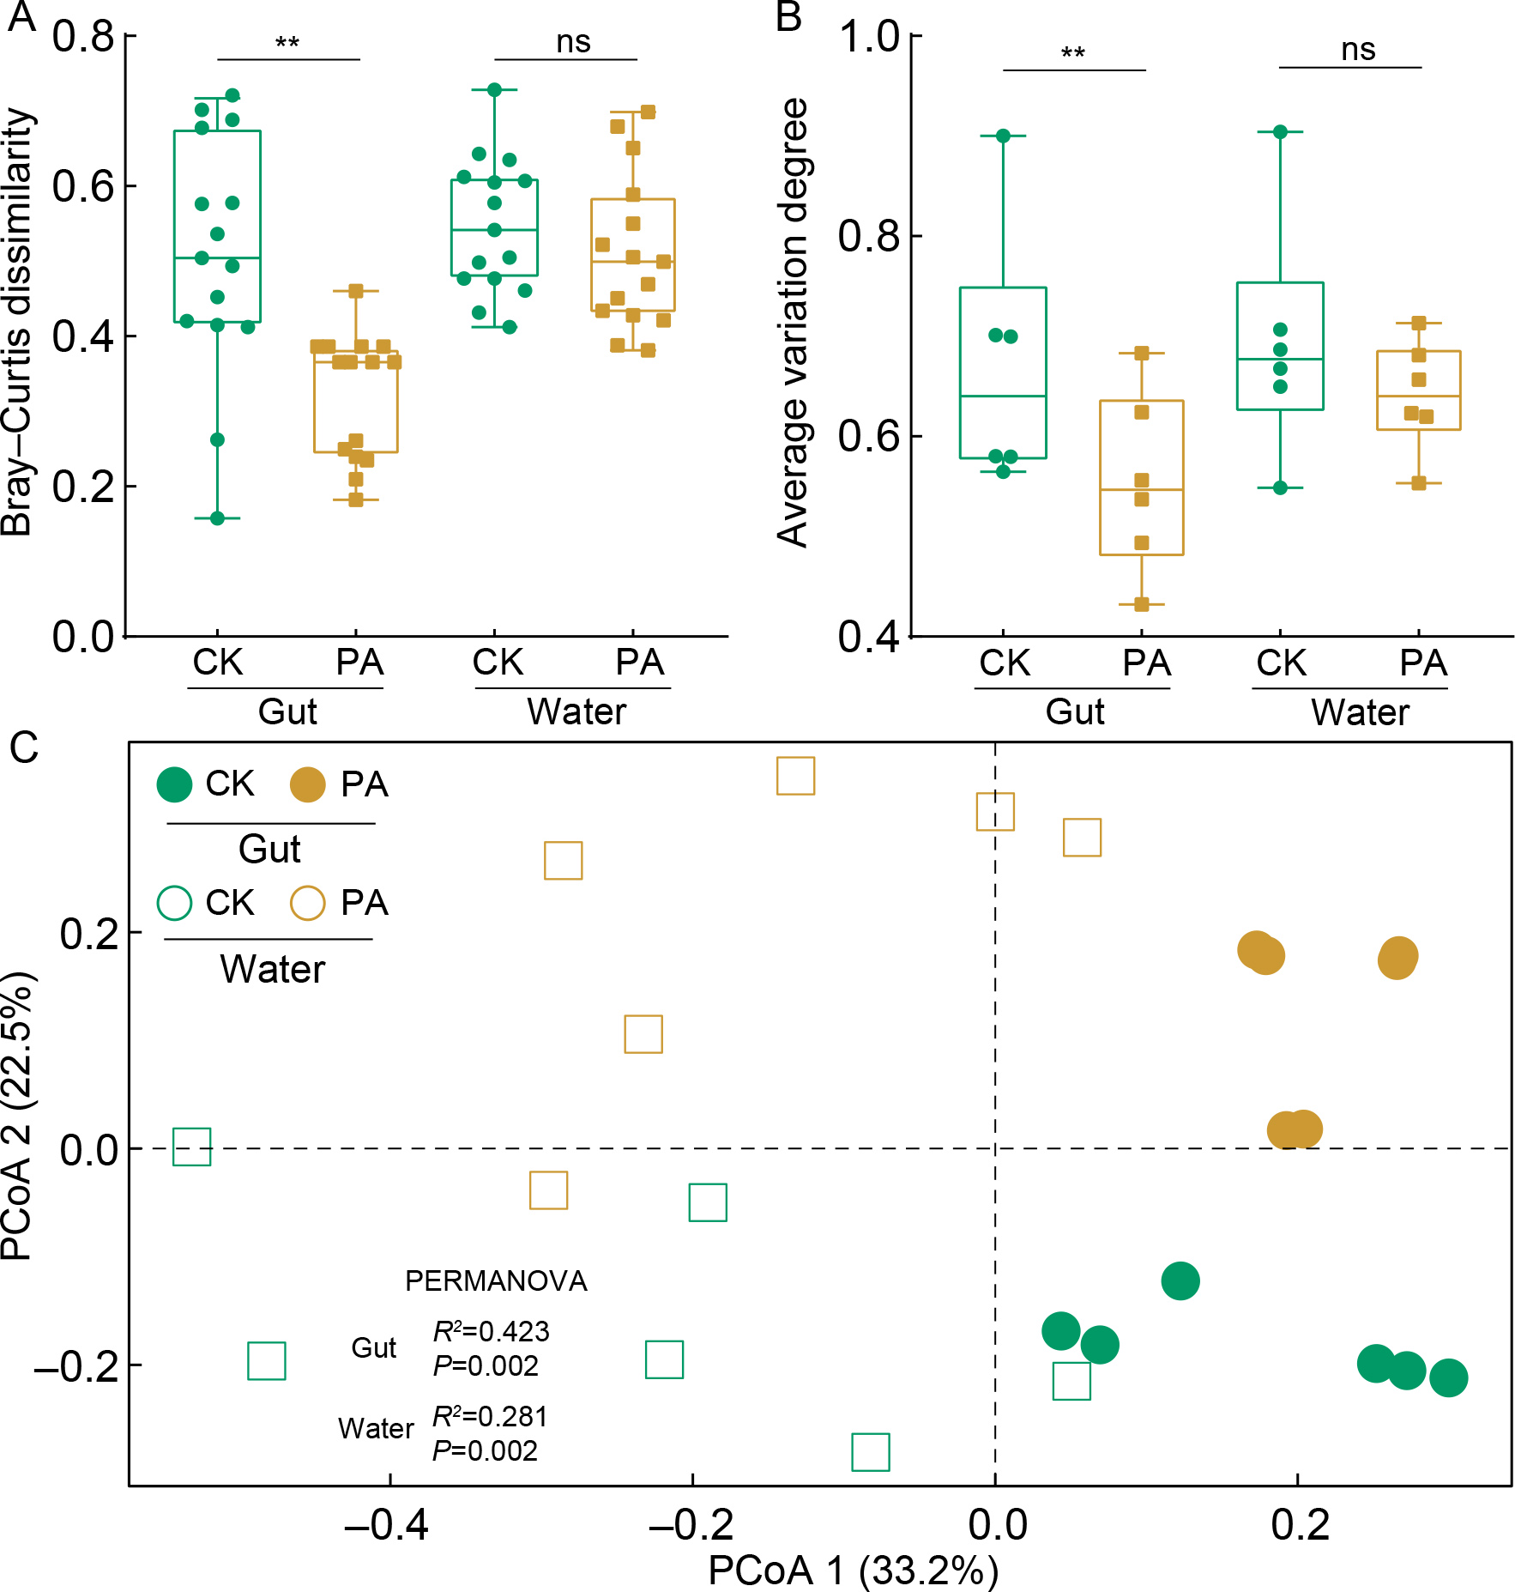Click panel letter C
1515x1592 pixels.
point(24,747)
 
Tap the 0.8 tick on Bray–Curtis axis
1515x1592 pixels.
point(83,36)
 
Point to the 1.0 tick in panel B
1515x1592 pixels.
point(867,37)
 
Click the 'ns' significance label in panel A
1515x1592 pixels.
point(573,41)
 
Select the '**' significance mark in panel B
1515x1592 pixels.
point(1073,54)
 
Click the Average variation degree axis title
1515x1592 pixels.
point(793,322)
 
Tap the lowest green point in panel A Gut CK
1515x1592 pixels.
point(217,518)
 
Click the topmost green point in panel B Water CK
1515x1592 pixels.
point(1280,131)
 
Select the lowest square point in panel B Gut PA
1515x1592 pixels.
point(1142,604)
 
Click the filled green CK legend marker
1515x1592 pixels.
point(174,784)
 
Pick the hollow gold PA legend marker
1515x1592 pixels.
point(307,903)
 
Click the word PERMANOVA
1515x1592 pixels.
point(496,1281)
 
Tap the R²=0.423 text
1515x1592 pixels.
point(491,1331)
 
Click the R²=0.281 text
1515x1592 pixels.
point(490,1416)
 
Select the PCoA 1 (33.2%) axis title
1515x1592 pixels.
point(853,1571)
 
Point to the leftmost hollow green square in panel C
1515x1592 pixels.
point(192,1147)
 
